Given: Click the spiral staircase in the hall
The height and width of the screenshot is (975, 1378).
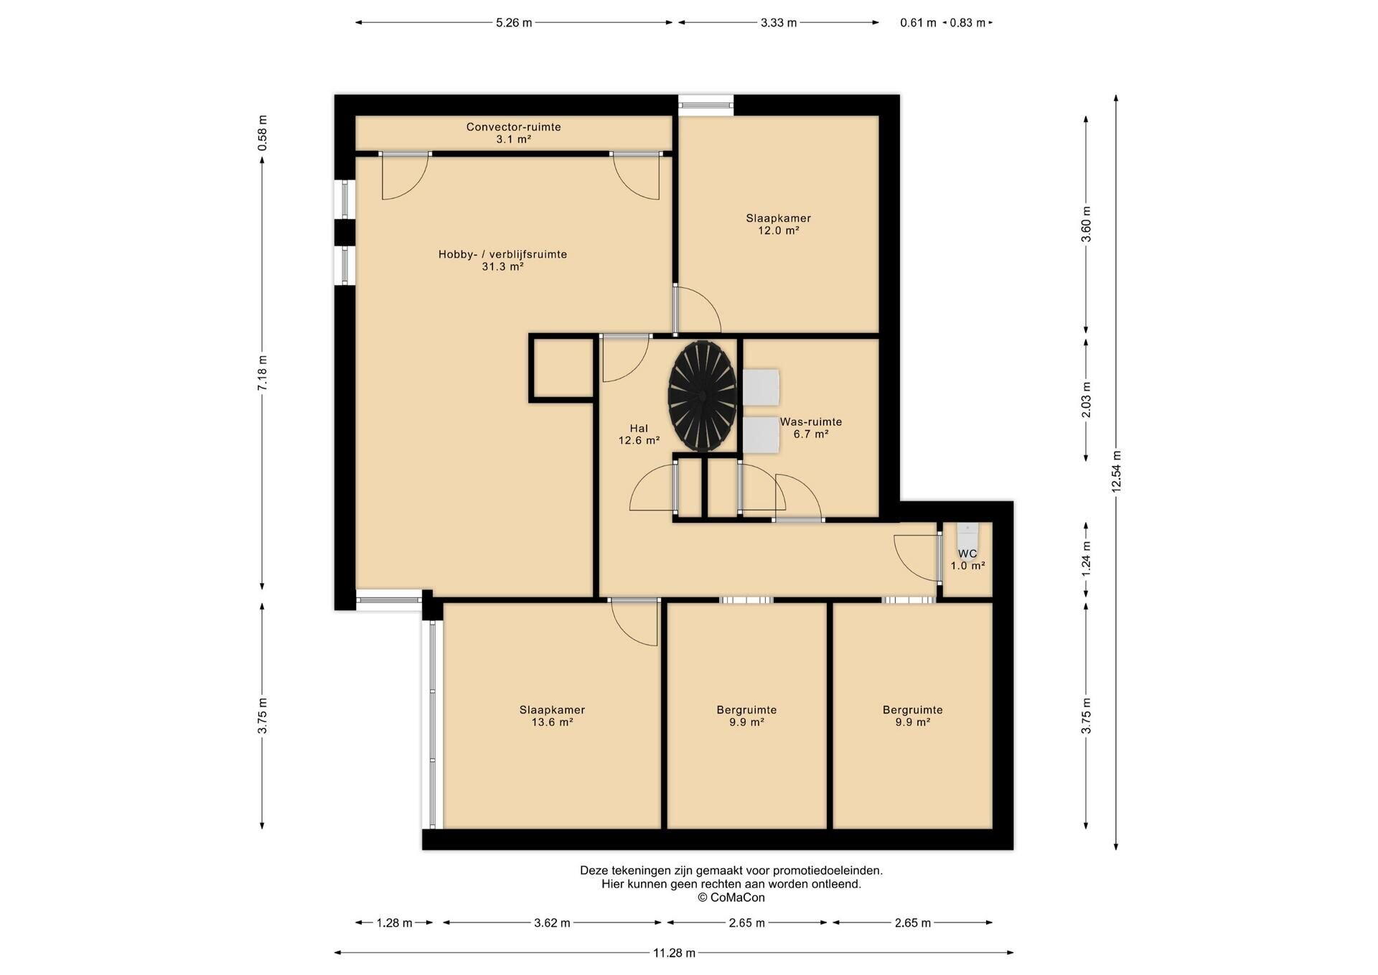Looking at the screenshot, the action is point(703,396).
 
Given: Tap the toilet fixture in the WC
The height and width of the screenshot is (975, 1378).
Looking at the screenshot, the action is point(967,536).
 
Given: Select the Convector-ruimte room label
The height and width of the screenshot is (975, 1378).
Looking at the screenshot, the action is point(513,133).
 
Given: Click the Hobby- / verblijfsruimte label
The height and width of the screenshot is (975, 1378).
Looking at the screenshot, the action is point(502,260).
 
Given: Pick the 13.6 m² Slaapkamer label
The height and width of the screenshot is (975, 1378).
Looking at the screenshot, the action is point(552,716).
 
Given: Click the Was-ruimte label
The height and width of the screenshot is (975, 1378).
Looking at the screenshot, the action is point(811,428).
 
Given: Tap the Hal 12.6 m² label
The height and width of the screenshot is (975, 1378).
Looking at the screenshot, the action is point(639,434).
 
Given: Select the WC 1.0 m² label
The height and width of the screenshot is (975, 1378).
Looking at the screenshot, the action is point(967,559).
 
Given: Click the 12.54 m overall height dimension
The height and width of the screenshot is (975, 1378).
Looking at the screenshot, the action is point(1116,472).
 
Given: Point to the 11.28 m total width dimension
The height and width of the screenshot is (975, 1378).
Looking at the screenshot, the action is point(674,953).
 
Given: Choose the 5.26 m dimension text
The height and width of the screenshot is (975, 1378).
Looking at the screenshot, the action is point(514,22).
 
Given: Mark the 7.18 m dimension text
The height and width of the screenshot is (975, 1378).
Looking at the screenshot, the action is point(263,373).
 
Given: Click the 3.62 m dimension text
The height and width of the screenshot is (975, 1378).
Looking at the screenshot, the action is point(552,923).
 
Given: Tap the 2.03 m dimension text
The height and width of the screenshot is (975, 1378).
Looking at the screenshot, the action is point(1086,399).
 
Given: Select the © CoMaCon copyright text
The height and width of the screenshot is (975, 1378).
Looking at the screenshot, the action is point(731,897).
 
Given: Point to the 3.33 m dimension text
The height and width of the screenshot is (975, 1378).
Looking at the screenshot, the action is point(779,22).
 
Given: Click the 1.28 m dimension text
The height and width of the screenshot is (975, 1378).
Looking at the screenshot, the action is point(394,923).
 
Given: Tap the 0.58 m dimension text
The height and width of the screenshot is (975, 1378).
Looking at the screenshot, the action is point(263,133).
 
